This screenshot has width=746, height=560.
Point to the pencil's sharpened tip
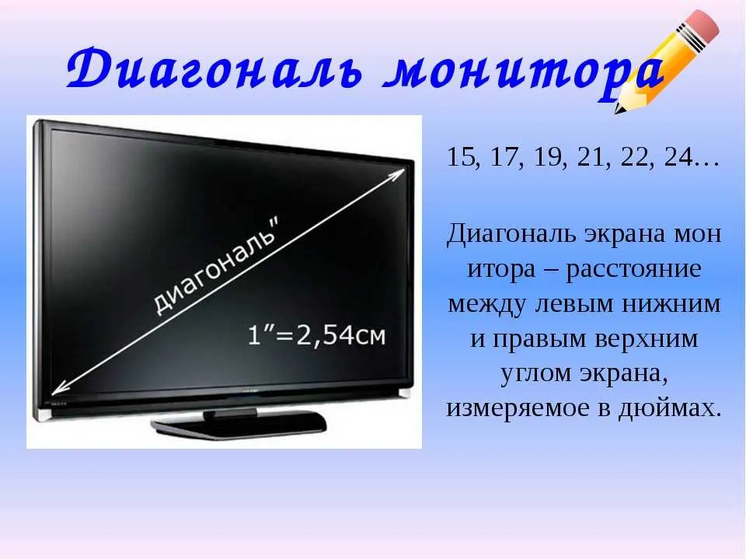617,111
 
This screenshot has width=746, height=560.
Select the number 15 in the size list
461,156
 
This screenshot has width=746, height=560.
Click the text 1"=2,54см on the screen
316,336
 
